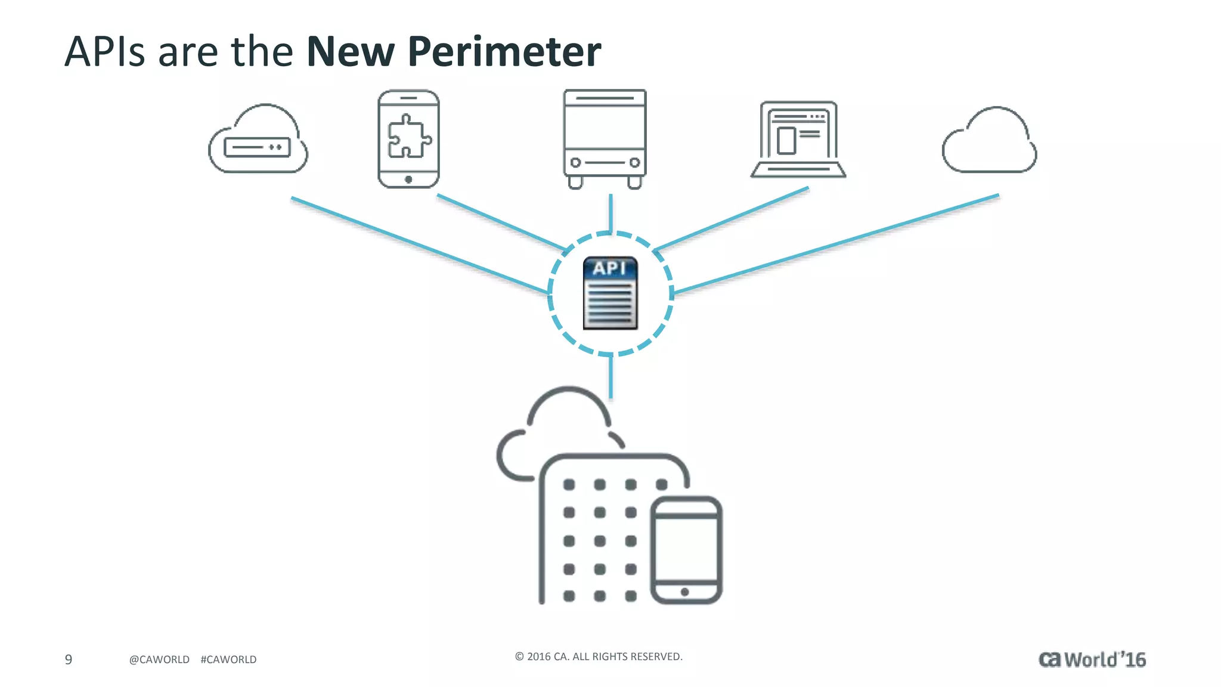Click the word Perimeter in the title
pos(504,52)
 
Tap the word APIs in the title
pos(104,52)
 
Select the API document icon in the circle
pos(610,293)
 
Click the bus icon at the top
pos(605,138)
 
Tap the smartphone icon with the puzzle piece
pos(408,138)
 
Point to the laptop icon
pos(798,140)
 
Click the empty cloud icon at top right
pos(990,142)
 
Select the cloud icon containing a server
pos(258,141)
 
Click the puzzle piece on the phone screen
pos(408,136)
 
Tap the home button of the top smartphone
pos(408,180)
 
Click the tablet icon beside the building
pos(686,550)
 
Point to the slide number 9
pos(69,660)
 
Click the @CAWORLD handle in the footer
pos(159,660)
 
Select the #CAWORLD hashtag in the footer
pos(228,660)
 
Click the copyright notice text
pos(599,657)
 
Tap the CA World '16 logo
pos(1092,660)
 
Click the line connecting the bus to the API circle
pos(610,213)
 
